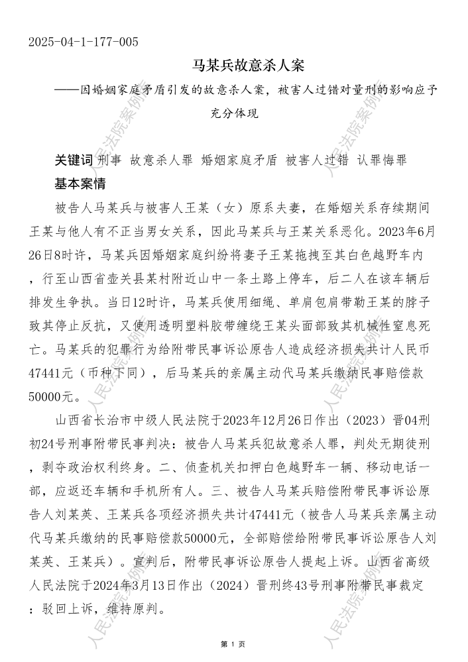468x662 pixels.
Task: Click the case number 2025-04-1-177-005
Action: [x=84, y=43]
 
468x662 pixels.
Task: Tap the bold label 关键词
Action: [x=74, y=161]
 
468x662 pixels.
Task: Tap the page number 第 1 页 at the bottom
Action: [x=233, y=643]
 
